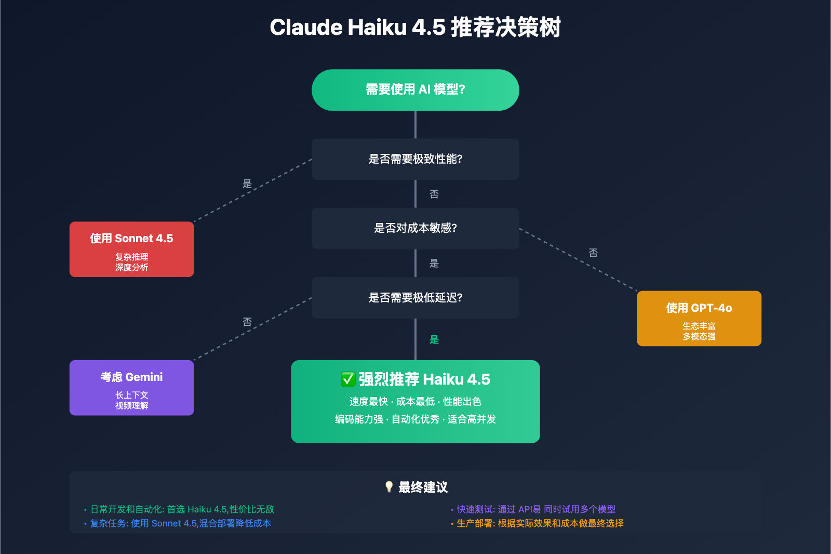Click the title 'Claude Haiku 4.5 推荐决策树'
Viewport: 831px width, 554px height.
(x=415, y=28)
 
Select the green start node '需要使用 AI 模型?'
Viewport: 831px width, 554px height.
(x=415, y=90)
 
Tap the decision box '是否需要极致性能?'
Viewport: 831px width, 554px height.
(x=415, y=159)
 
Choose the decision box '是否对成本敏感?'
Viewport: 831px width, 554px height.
(x=415, y=228)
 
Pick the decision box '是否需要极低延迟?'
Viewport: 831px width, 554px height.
(x=415, y=298)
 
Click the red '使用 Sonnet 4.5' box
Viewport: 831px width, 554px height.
(x=131, y=249)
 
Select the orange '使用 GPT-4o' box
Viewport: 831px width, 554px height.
(x=699, y=318)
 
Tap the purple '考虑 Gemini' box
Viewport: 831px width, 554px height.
(x=131, y=388)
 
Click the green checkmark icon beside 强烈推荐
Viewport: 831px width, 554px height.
(x=348, y=379)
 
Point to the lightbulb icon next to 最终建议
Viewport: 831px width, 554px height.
(x=389, y=486)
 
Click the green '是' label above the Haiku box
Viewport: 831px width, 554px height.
(x=434, y=340)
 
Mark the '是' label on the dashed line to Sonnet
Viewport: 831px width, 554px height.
(x=247, y=183)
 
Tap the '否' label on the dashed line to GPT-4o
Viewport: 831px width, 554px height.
(x=593, y=253)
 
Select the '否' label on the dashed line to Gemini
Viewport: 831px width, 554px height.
(x=247, y=322)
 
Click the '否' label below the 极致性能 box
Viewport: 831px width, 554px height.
(x=434, y=194)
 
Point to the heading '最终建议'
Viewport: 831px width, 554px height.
(x=423, y=487)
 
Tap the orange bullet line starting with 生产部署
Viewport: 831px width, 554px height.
(x=540, y=523)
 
